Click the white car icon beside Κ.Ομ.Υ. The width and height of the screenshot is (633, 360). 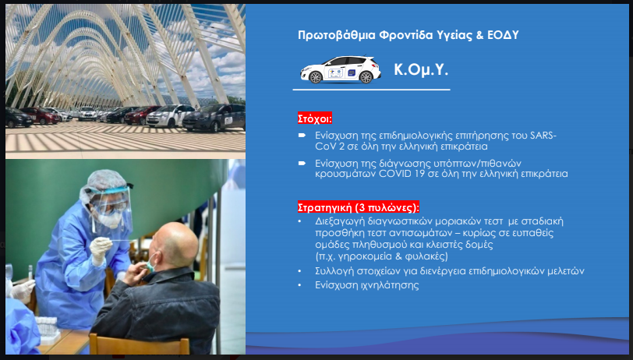click(x=341, y=70)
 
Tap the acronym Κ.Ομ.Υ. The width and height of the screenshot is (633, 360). click(x=421, y=70)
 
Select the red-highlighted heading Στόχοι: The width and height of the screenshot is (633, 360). click(x=315, y=118)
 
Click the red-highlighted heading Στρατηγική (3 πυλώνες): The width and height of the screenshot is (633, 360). click(x=359, y=207)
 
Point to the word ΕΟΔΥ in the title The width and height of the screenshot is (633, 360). click(x=503, y=35)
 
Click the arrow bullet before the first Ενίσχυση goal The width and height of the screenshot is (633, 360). click(x=302, y=136)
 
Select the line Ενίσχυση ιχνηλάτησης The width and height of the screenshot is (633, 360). click(x=367, y=285)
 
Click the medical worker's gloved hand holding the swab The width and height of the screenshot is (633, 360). click(x=100, y=250)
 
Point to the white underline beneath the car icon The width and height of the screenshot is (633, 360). click(x=371, y=90)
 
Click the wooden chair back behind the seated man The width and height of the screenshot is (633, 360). click(x=140, y=344)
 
